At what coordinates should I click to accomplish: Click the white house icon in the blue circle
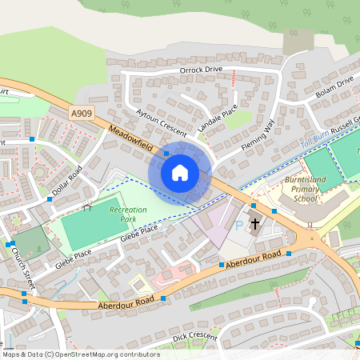pos(180,172)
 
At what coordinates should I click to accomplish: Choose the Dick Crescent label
pos(194,338)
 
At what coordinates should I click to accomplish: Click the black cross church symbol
pos(256,224)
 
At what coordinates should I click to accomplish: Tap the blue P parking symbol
pos(239,226)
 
